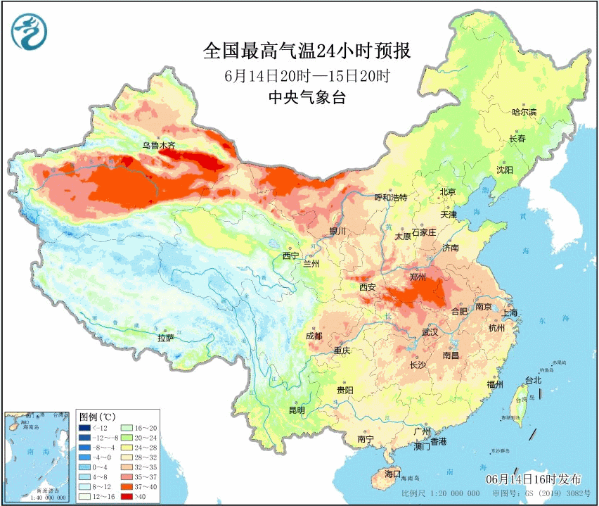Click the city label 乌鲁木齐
158,146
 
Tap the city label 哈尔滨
524,112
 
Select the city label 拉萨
165,338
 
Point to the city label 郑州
418,277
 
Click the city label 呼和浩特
390,197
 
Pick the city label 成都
314,336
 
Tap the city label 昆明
297,410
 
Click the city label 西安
368,287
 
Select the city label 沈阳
505,170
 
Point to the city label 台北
533,380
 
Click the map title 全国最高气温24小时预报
306,51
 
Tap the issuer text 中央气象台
307,98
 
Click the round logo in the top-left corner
29,32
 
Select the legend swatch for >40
127,497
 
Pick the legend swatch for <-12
84,428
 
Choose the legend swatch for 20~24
127,438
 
